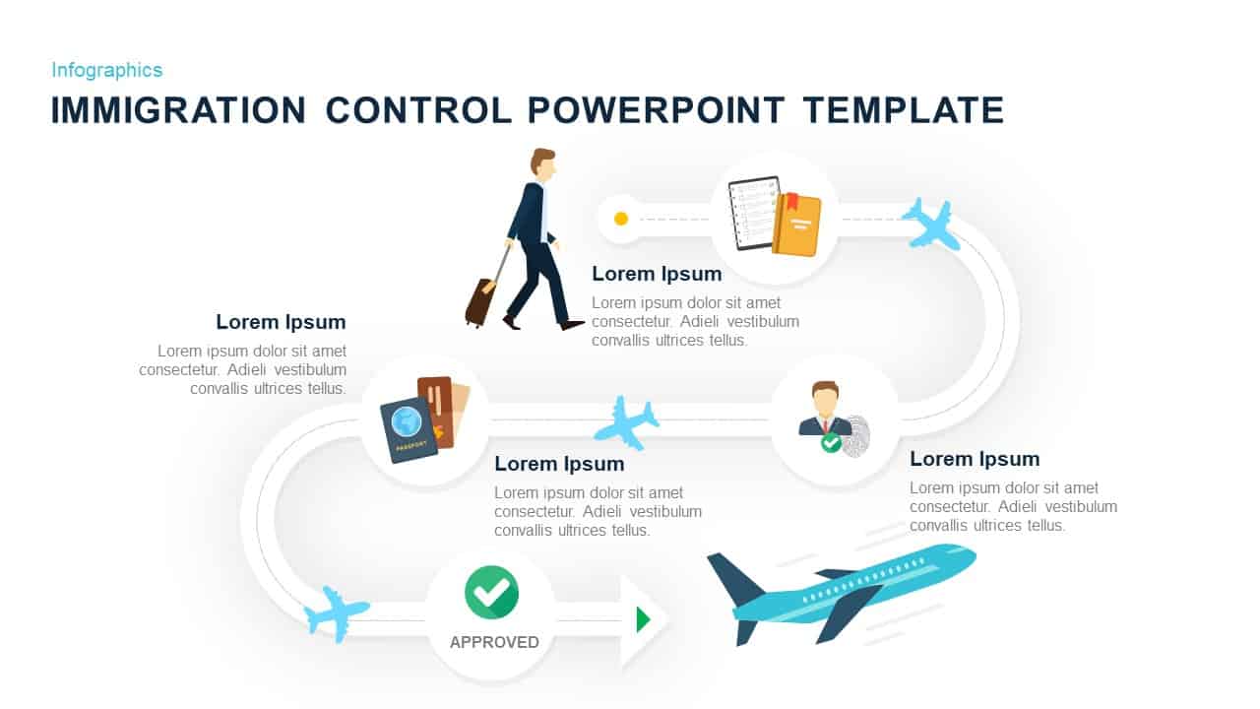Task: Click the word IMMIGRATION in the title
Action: [178, 110]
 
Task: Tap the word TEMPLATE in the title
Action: [903, 110]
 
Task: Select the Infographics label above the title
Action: [106, 70]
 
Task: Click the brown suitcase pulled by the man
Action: [479, 300]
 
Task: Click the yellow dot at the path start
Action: [621, 219]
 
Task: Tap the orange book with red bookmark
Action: [796, 225]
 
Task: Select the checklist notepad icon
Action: [753, 213]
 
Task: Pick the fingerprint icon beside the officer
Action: [857, 434]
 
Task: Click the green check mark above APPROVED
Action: [491, 592]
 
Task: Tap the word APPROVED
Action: [494, 642]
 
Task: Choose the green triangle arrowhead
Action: [643, 619]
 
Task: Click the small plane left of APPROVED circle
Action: [337, 613]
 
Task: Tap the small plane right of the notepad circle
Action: [930, 224]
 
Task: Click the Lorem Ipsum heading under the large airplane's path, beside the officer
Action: [974, 459]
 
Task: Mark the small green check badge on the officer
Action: [831, 443]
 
